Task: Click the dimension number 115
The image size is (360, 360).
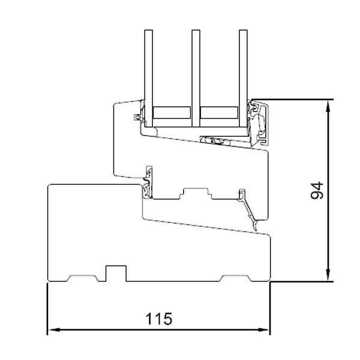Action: click(158, 318)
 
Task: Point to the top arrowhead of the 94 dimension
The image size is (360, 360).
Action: click(328, 104)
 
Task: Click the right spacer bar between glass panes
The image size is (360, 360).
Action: click(219, 112)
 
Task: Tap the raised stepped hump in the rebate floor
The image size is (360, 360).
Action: click(195, 193)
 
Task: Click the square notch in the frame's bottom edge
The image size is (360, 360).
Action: click(116, 272)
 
